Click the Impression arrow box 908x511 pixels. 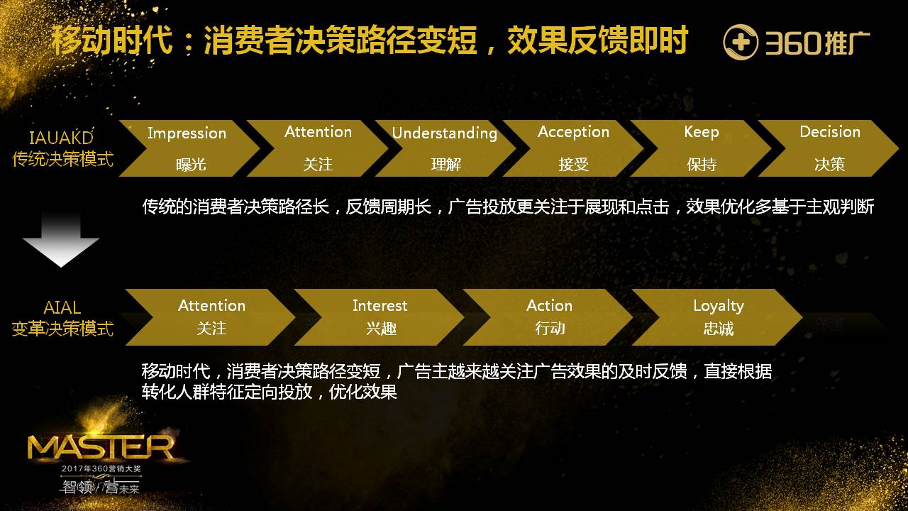coord(187,148)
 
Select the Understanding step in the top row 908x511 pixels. coord(445,148)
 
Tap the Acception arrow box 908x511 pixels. coord(573,148)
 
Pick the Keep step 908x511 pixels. coord(701,148)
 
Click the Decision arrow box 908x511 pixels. coord(829,148)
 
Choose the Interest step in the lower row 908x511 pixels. coord(380,317)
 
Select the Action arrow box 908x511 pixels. coord(549,317)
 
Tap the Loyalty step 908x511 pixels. coord(718,317)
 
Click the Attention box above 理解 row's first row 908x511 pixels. coord(317,148)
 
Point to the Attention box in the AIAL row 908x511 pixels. coord(211,317)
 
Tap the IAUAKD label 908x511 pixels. coord(62,138)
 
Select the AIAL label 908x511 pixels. coord(62,308)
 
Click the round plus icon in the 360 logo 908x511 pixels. coord(741,43)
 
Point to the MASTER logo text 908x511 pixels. coord(100,448)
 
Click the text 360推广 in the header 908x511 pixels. coord(817,43)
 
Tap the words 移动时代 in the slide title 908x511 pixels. coord(112,41)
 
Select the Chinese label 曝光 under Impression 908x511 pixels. coord(191,165)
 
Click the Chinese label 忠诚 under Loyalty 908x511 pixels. coord(719,329)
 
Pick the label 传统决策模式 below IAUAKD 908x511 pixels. coord(62,158)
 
